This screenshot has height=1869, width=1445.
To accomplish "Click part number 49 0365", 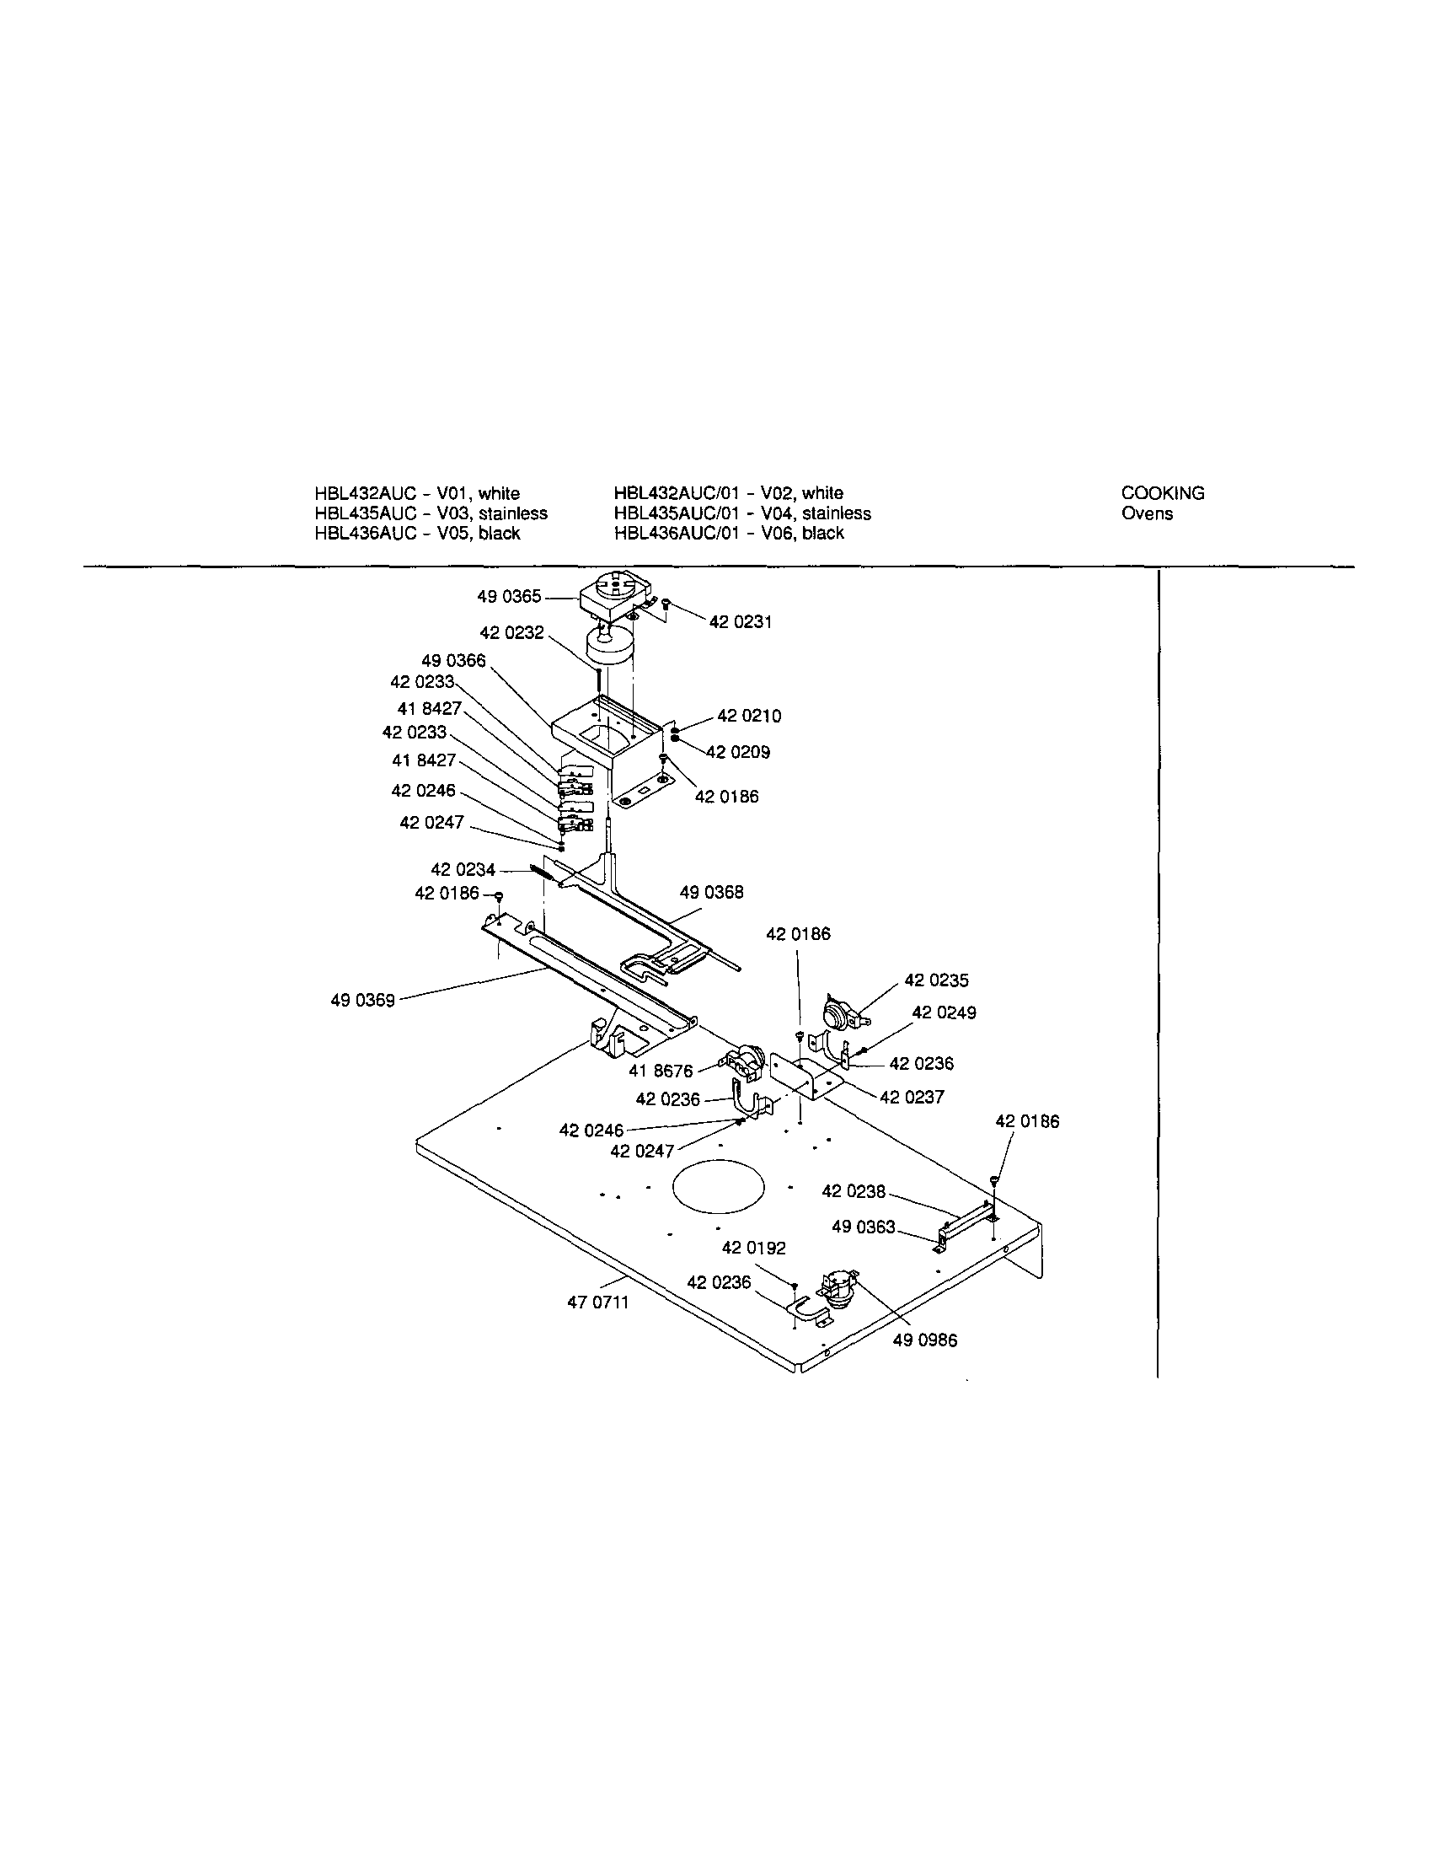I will pos(509,597).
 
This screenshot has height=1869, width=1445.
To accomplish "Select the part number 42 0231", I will pos(740,622).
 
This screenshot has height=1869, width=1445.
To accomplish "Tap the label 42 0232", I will pos(511,633).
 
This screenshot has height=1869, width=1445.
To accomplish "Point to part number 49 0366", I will pos(453,661).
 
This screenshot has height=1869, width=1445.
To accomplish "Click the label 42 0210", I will pos(748,716).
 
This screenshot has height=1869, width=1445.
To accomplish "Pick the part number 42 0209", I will pos(737,752).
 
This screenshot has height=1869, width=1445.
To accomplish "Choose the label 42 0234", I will pos(463,869).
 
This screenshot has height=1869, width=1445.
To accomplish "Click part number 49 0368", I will pos(712,892).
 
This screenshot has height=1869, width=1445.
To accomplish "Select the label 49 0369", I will pos(363,1000).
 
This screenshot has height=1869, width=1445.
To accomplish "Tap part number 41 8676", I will pos(661,1071).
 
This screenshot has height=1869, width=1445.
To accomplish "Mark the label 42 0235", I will pos(937,980).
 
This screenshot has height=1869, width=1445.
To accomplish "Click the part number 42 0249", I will pos(944,1012).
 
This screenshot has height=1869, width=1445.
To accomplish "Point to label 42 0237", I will pos(911,1097).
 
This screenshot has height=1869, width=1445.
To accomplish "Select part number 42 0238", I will pos(854,1191).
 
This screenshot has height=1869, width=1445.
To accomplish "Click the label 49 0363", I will pos(864,1227).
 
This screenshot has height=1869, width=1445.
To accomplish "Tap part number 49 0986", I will pos(925,1340).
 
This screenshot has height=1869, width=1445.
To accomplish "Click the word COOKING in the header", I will pos(1163,493).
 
